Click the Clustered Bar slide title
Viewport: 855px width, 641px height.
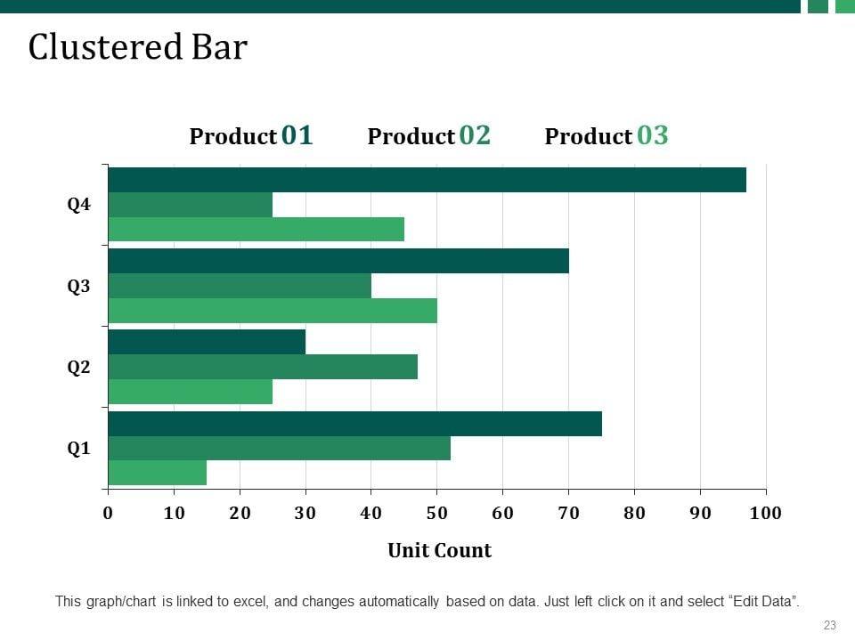(x=137, y=47)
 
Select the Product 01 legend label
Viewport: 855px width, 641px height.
(x=251, y=135)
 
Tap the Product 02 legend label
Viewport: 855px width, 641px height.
(x=428, y=135)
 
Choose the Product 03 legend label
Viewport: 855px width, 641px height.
(x=606, y=135)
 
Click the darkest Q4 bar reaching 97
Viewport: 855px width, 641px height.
(x=427, y=180)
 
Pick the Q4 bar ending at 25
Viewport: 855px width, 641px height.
(x=190, y=205)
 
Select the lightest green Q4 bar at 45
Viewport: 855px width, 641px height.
(x=256, y=229)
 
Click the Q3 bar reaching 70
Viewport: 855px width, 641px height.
(x=338, y=261)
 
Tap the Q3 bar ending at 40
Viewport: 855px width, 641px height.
(x=240, y=286)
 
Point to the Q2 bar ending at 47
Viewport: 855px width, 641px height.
(x=263, y=367)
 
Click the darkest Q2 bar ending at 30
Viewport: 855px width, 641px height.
(x=207, y=342)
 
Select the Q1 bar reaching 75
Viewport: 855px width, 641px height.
(x=354, y=424)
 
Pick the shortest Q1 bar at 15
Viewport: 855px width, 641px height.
(x=158, y=473)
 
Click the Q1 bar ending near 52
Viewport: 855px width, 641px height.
(x=279, y=448)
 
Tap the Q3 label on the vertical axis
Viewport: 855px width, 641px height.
(x=79, y=287)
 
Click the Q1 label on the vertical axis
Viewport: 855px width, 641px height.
(x=79, y=449)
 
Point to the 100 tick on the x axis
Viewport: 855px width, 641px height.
(x=766, y=513)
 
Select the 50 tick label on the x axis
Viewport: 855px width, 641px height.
(x=436, y=513)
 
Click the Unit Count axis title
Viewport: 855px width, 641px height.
(x=439, y=550)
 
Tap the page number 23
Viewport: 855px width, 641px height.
(x=829, y=625)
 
